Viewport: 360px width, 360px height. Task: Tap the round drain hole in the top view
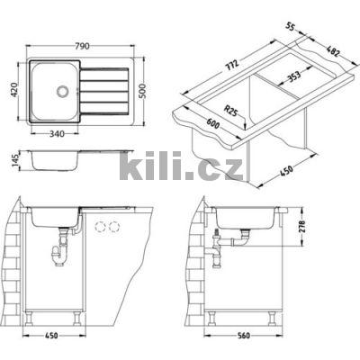tap(60, 91)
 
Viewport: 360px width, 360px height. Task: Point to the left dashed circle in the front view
tap(101, 225)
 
